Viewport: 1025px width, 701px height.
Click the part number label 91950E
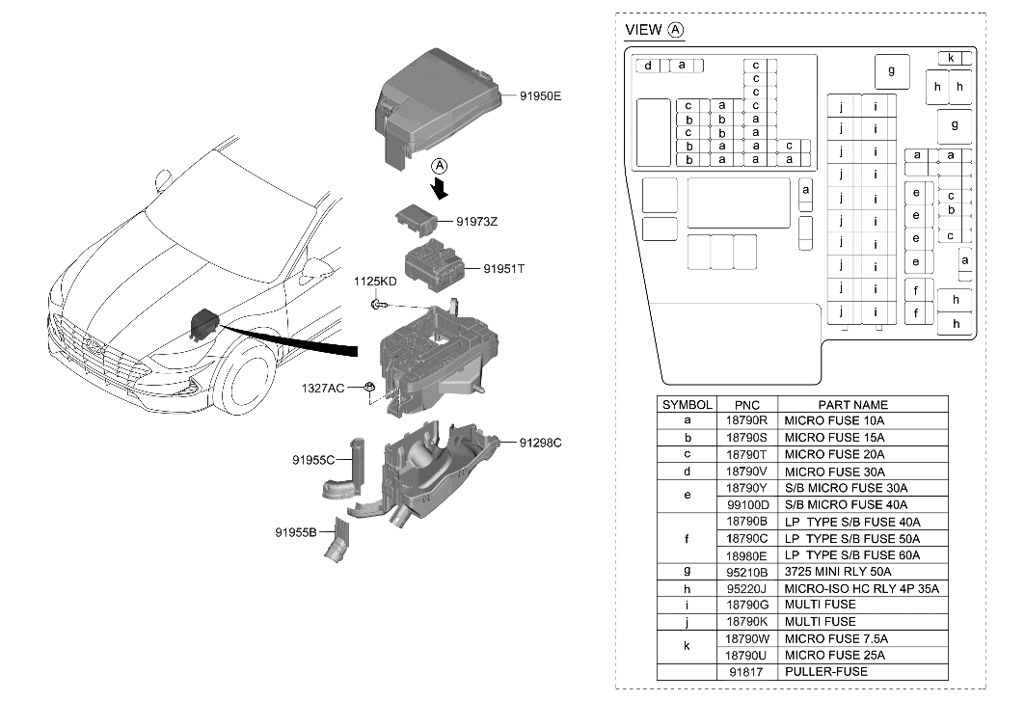540,96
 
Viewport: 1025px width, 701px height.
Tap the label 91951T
503,269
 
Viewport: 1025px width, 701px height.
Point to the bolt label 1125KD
374,282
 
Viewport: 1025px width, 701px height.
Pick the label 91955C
313,460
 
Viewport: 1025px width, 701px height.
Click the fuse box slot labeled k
950,58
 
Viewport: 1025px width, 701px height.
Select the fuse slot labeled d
649,66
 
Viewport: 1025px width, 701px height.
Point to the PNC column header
746,405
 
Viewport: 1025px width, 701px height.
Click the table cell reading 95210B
746,572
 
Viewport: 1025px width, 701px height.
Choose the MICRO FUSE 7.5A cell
835,638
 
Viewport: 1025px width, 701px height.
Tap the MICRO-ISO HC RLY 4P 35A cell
860,588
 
